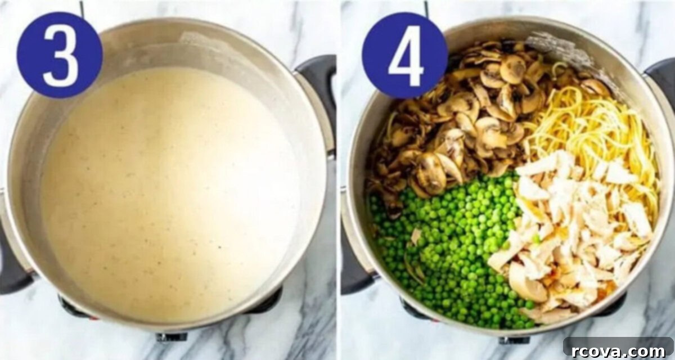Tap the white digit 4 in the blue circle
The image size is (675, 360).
[x=406, y=56]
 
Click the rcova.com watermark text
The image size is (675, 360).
[x=618, y=351]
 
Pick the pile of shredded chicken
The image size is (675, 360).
[x=573, y=235]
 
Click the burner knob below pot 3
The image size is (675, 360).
[x=171, y=336]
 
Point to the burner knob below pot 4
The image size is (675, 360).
[x=514, y=340]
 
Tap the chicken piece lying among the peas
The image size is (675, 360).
[x=416, y=235]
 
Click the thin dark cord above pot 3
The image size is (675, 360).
[x=82, y=8]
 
